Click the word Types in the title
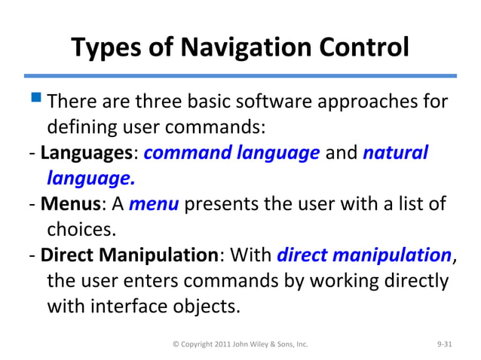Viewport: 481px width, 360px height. pyautogui.click(x=106, y=49)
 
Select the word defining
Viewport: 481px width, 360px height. pyautogui.click(x=80, y=127)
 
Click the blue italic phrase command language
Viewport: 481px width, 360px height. pyautogui.click(x=231, y=154)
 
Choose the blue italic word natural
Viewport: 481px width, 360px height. pyautogui.click(x=395, y=154)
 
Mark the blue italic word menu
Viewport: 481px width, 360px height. pyautogui.click(x=154, y=204)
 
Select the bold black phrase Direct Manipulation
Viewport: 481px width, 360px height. pyautogui.click(x=129, y=255)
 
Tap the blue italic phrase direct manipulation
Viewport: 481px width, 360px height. pyautogui.click(x=364, y=255)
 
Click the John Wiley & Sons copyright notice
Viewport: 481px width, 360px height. pyautogui.click(x=240, y=344)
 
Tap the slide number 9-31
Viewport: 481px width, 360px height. pyautogui.click(x=446, y=344)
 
